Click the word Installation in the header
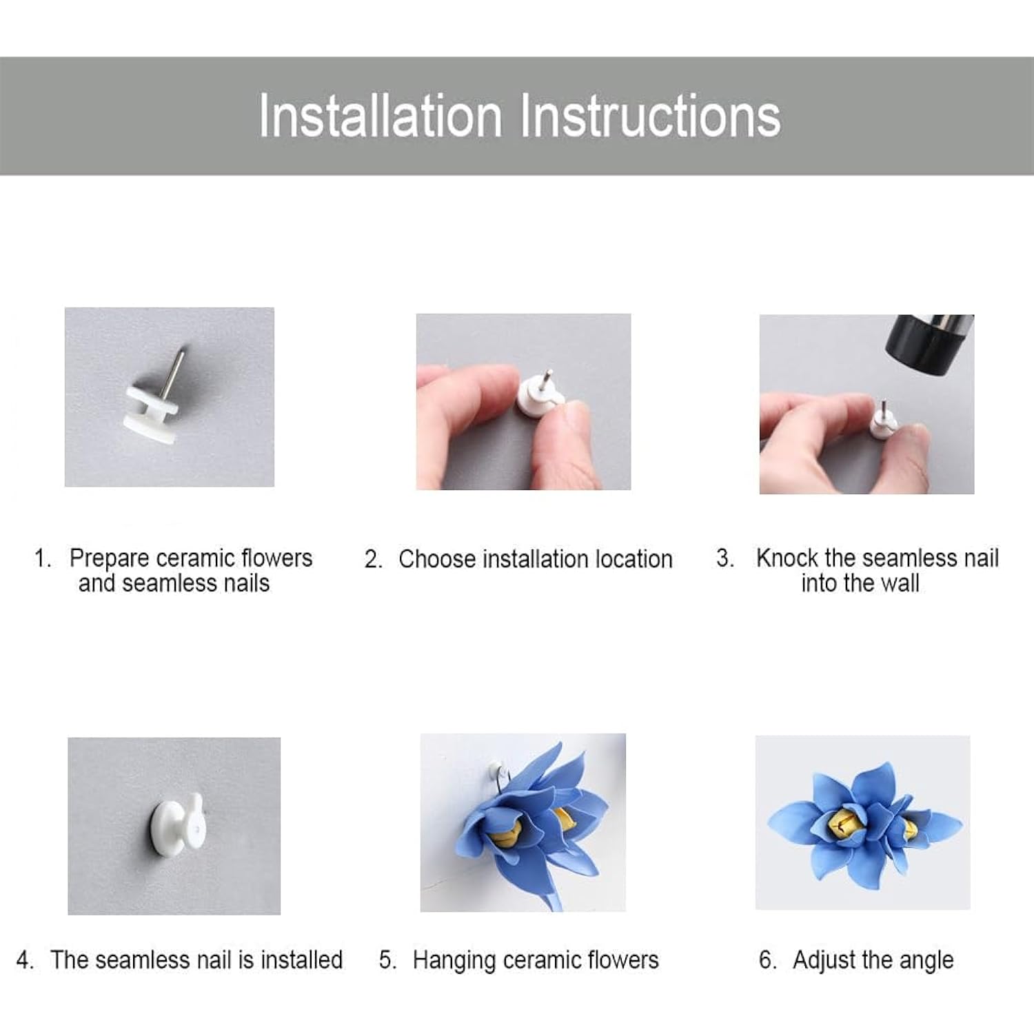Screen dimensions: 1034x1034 [381, 115]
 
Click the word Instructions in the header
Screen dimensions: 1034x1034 [649, 115]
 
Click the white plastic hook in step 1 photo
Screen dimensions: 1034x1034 [152, 412]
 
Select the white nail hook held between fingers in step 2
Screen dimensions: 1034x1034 [539, 396]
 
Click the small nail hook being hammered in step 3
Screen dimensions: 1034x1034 [882, 420]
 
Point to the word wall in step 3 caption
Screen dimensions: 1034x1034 [900, 583]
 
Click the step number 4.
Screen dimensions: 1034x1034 [25, 960]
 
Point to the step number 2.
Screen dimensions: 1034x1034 [373, 559]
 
